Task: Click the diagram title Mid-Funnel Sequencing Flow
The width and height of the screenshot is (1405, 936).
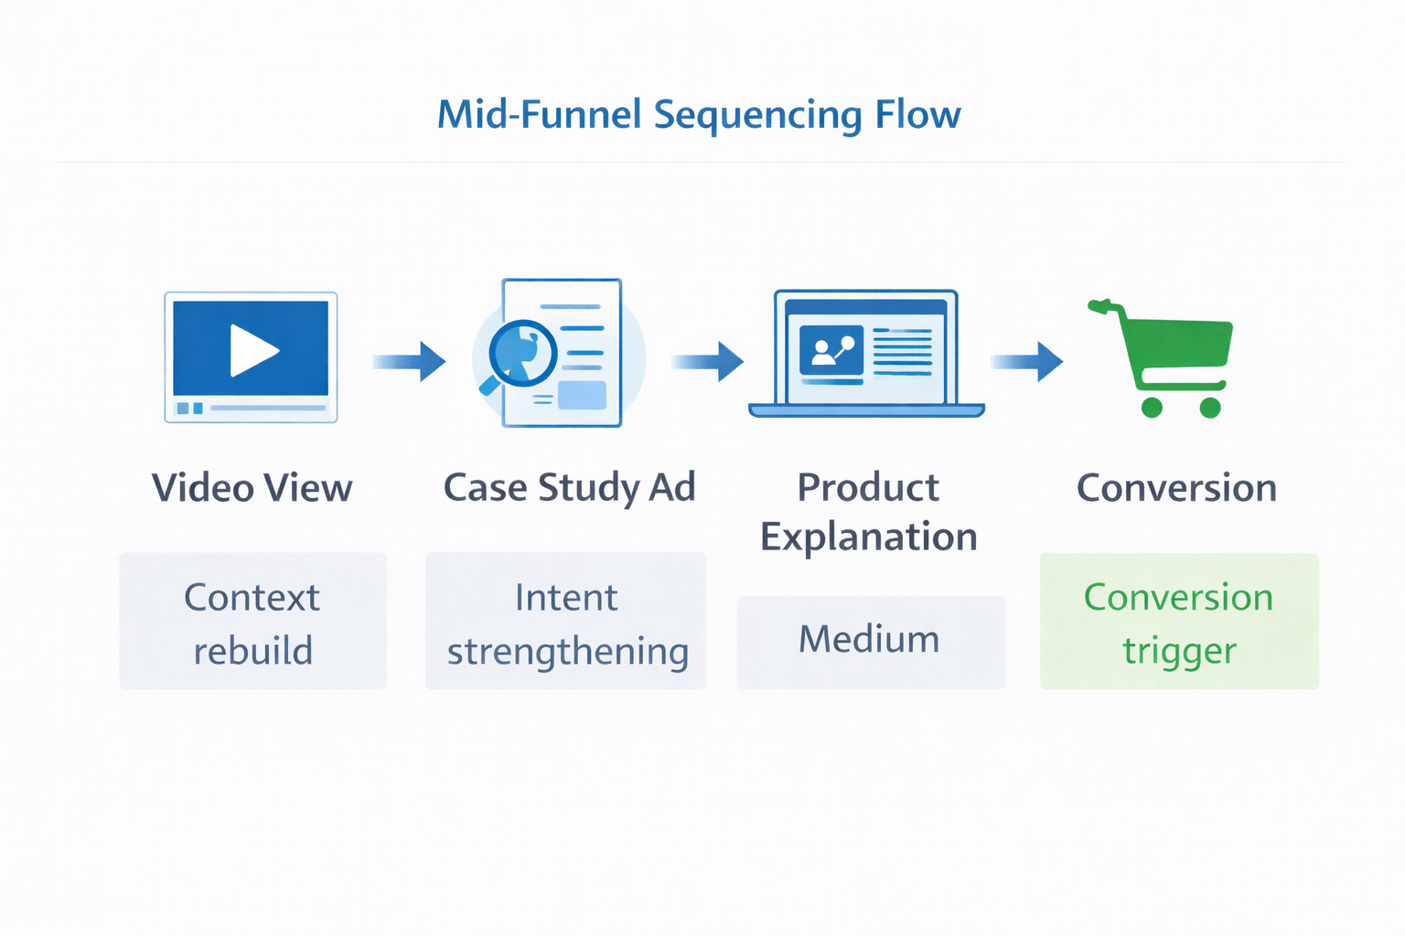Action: click(699, 115)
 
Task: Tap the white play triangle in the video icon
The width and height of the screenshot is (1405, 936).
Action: click(252, 350)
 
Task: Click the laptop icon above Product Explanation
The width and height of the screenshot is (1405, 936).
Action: click(866, 354)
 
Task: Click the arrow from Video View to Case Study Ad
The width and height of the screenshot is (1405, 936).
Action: click(409, 361)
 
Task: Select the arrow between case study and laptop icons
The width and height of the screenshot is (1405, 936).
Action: click(708, 361)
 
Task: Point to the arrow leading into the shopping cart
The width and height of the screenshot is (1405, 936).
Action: click(1027, 361)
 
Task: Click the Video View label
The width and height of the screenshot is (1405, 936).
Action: click(252, 488)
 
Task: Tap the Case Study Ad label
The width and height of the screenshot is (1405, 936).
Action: click(569, 488)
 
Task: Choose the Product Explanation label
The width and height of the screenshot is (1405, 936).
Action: click(868, 512)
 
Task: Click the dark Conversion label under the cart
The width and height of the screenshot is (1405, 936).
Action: click(1176, 488)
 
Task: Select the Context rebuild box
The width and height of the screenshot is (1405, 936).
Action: click(253, 622)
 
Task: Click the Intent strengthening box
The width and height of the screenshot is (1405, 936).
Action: click(566, 622)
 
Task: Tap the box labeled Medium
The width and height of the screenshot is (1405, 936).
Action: click(870, 641)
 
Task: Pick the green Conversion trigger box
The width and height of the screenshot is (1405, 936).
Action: click(1179, 622)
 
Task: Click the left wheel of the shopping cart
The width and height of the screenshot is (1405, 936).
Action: click(1152, 408)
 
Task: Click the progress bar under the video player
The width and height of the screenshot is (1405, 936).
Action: click(268, 408)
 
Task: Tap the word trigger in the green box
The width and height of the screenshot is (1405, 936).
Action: click(1179, 652)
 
